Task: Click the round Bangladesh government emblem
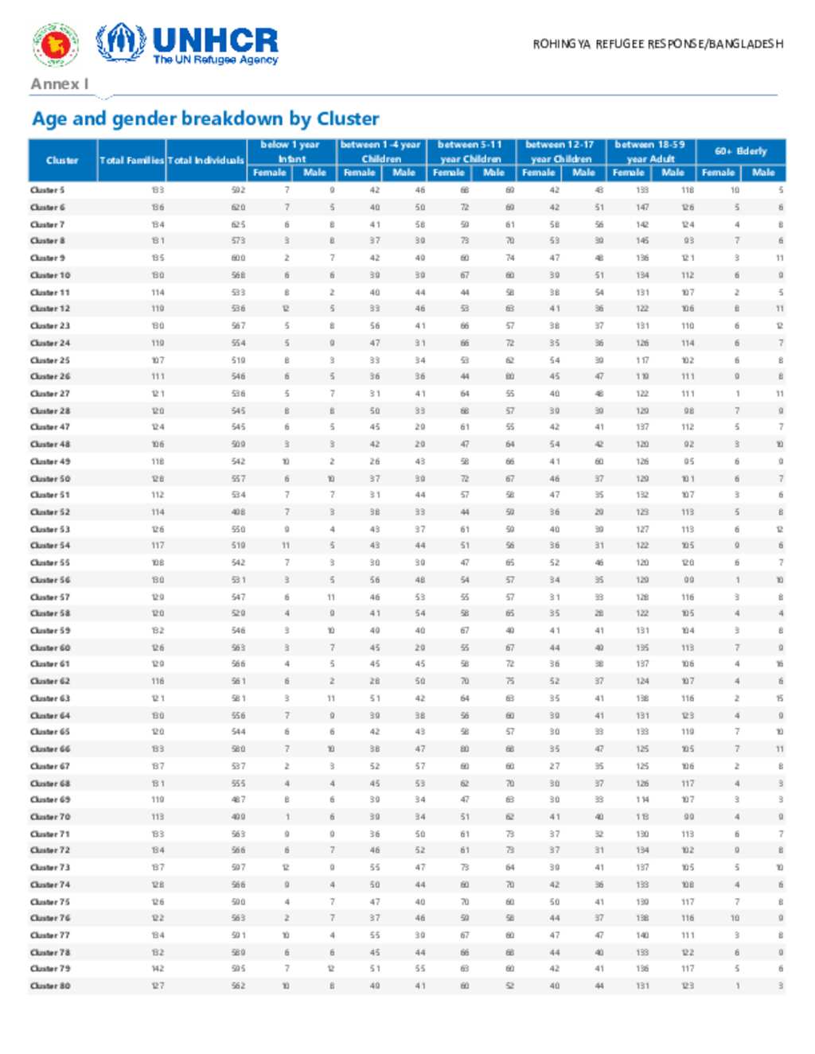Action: click(54, 44)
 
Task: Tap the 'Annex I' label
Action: click(59, 84)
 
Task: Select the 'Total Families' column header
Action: click(131, 160)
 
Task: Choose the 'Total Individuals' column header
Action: click(205, 160)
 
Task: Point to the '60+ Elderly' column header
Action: click(740, 150)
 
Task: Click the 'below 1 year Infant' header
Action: click(291, 151)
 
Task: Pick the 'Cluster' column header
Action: click(62, 160)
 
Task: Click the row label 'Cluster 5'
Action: click(48, 190)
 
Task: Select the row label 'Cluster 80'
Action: click(50, 986)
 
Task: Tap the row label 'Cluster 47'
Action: click(50, 427)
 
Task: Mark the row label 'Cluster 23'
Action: click(50, 325)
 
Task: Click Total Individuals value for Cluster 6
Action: click(238, 208)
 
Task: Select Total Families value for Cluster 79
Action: click(158, 969)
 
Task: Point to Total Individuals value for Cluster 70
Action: click(238, 817)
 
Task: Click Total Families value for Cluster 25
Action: click(158, 360)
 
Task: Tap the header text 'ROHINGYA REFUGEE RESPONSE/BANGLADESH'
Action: click(657, 44)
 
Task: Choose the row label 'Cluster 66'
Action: click(50, 749)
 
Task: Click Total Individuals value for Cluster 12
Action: click(238, 309)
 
